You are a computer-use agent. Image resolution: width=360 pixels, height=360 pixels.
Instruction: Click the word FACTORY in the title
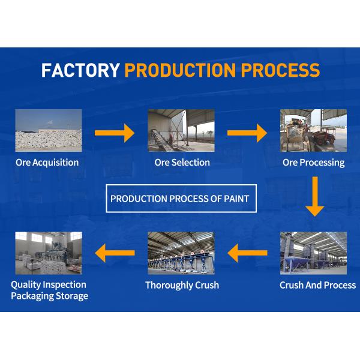[80, 70]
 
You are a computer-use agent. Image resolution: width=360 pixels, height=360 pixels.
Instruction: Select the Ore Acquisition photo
[48, 130]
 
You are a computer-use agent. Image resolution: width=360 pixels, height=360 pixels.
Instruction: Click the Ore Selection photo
[181, 130]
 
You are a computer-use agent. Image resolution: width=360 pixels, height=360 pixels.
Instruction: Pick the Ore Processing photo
[313, 130]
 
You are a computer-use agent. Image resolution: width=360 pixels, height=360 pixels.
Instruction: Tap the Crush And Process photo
[313, 253]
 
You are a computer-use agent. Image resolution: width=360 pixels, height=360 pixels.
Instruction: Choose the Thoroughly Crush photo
[181, 253]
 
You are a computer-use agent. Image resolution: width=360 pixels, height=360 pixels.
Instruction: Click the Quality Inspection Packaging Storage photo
[48, 253]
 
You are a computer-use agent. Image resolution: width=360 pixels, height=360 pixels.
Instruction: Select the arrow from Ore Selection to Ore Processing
[247, 132]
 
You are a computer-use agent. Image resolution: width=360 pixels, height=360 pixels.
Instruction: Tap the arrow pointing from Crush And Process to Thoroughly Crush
[247, 253]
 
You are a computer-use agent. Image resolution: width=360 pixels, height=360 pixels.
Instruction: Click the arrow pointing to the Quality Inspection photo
[115, 253]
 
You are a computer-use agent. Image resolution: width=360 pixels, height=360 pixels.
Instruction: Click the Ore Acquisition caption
[47, 163]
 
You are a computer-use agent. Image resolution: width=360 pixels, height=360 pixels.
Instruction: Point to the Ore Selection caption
[182, 163]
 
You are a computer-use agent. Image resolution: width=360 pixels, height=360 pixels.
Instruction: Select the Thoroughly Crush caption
[182, 285]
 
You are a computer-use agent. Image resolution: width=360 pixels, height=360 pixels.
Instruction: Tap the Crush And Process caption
[317, 285]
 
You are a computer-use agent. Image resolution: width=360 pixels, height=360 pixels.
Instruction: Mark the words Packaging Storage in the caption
[49, 296]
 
